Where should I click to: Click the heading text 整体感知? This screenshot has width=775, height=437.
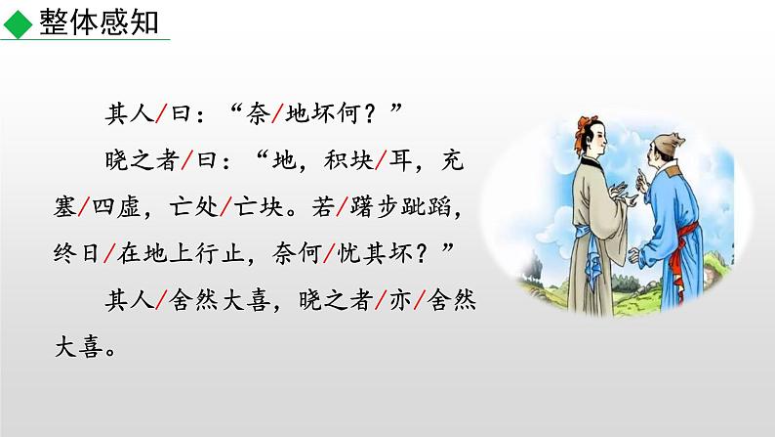(100, 21)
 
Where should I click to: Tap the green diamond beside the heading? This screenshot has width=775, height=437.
(18, 22)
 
